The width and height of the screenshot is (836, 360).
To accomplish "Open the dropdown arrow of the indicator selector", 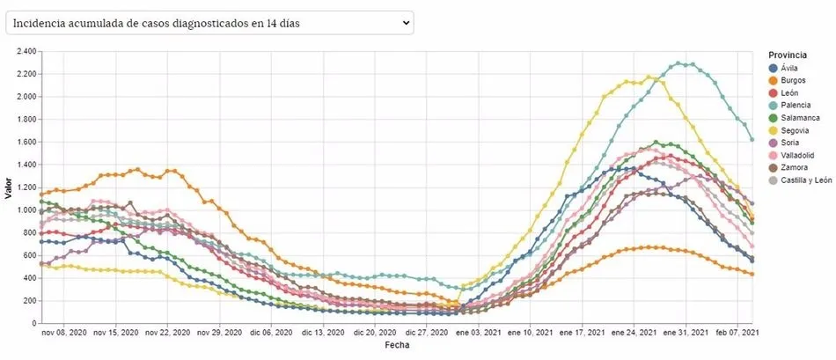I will tap(406, 23).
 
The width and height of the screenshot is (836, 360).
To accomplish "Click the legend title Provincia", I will tap(787, 55).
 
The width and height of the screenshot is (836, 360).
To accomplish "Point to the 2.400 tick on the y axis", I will tap(24, 51).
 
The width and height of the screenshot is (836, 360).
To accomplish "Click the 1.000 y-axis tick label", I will tap(24, 209).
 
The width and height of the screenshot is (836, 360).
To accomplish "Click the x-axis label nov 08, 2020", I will tap(66, 334).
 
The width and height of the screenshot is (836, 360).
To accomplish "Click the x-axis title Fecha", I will tap(396, 345).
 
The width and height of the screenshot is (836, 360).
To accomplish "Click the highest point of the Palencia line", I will tap(678, 63).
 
